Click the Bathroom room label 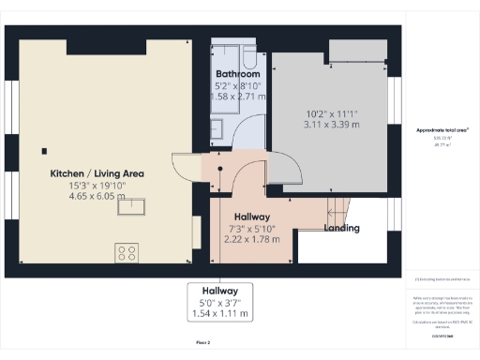click(x=237, y=73)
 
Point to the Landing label click(x=341, y=228)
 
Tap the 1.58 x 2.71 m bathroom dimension click(x=237, y=96)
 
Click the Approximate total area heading click(x=442, y=129)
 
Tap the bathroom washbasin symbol click(x=217, y=128)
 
